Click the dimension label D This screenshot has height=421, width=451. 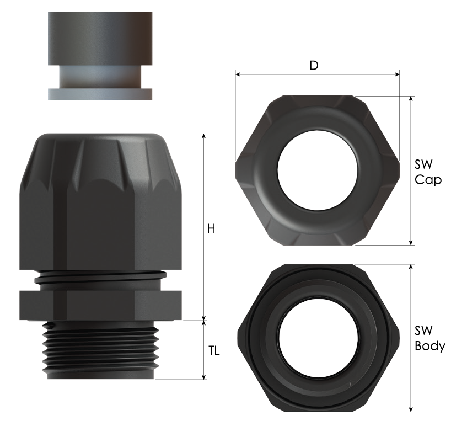pyautogui.click(x=314, y=65)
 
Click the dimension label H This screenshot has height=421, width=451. pyautogui.click(x=211, y=229)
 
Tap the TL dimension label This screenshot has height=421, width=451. pyautogui.click(x=214, y=351)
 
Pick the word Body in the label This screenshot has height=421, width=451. pyautogui.click(x=430, y=345)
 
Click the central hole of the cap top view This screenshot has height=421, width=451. pyautogui.click(x=318, y=170)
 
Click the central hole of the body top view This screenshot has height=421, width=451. pyautogui.click(x=319, y=337)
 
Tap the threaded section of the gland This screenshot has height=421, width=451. pyautogui.click(x=101, y=349)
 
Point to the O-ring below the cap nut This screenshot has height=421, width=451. pyautogui.click(x=100, y=277)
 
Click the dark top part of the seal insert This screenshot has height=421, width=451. pyautogui.click(x=100, y=38)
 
